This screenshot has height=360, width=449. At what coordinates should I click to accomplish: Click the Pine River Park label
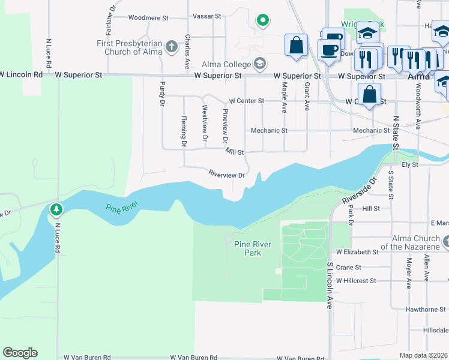[253, 248]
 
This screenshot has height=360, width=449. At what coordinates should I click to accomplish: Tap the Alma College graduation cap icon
[260, 63]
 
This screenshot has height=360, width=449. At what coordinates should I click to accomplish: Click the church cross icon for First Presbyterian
[171, 47]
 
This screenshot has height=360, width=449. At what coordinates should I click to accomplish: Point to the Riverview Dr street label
[226, 175]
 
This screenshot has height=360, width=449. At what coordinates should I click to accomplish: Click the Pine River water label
[122, 208]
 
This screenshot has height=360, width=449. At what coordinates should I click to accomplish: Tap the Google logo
[20, 353]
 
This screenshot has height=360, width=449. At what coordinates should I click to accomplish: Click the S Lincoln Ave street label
[330, 285]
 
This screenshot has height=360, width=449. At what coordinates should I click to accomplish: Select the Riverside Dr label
[358, 190]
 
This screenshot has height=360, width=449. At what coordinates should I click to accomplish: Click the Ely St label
[409, 164]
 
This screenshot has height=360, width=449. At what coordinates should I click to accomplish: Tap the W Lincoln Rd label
[21, 75]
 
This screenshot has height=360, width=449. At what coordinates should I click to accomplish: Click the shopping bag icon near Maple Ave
[297, 45]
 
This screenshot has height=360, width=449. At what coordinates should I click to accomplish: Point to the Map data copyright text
[424, 355]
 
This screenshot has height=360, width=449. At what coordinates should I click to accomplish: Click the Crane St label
[349, 268]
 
